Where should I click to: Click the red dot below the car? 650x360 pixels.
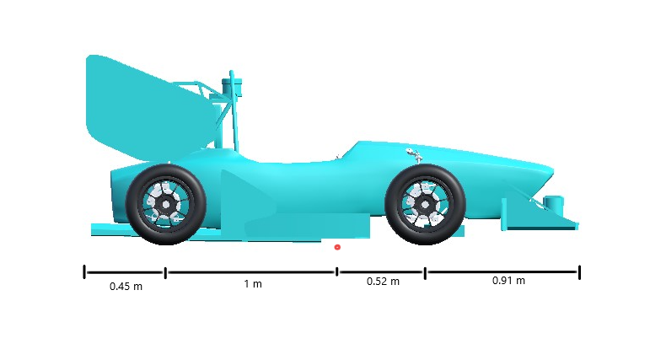tap(337, 247)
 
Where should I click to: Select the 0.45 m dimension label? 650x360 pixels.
tap(126, 286)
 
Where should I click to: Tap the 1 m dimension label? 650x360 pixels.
tap(253, 283)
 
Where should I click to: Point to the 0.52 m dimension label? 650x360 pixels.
tap(383, 282)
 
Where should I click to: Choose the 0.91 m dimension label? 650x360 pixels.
tap(508, 281)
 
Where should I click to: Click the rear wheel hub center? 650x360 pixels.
tap(165, 204)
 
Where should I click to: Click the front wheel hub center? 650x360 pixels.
tap(424, 204)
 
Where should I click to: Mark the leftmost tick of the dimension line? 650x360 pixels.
tap(84, 271)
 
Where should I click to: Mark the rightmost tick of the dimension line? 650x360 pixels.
tap(579, 271)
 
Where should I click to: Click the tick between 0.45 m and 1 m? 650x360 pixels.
tap(165, 272)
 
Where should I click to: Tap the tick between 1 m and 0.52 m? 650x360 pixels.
tap(337, 271)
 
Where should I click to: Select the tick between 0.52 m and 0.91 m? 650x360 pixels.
tap(425, 272)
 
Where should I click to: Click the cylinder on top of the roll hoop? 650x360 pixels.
tap(232, 83)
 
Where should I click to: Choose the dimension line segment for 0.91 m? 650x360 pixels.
tap(502, 272)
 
